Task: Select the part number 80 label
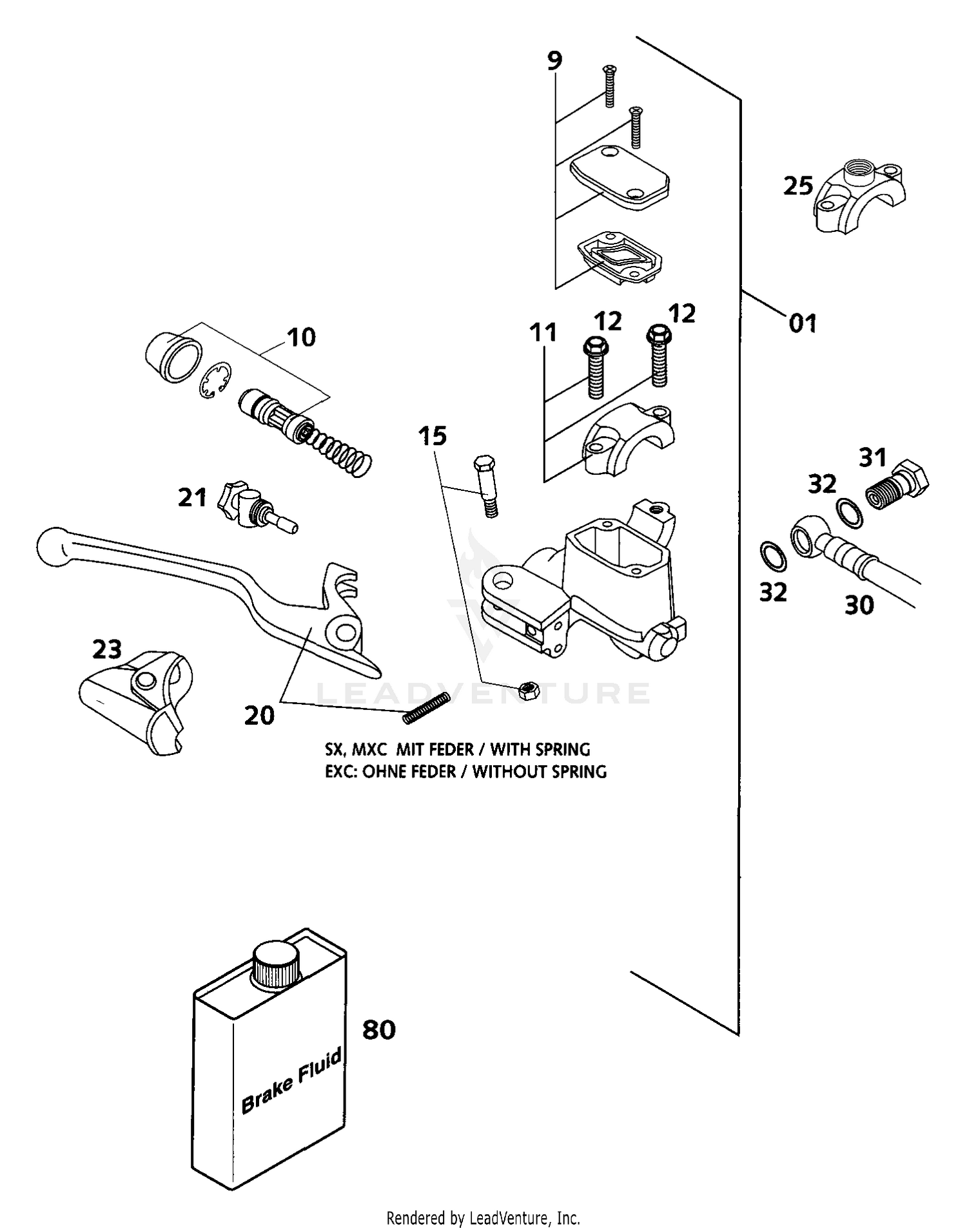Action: pyautogui.click(x=378, y=1029)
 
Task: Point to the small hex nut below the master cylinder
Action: pyautogui.click(x=527, y=691)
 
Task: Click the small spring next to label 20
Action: pyautogui.click(x=426, y=706)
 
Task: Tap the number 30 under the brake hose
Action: pyautogui.click(x=859, y=605)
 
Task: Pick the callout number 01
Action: pyautogui.click(x=803, y=323)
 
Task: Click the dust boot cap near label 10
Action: pyautogui.click(x=171, y=356)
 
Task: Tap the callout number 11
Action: pyautogui.click(x=543, y=333)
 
